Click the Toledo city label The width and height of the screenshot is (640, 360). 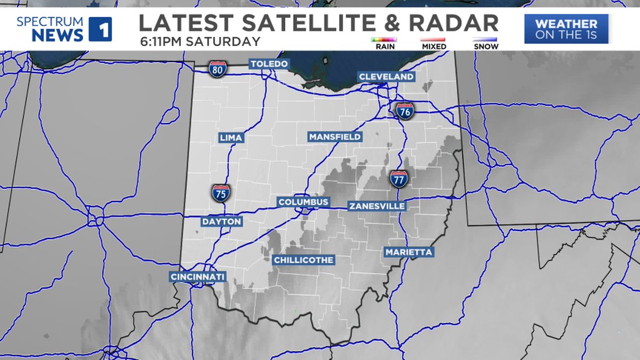(269, 64)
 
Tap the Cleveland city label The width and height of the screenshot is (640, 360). (386, 77)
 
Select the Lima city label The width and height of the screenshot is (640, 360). (231, 138)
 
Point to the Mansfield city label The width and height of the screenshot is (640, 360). (335, 137)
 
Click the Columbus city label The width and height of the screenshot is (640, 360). (303, 202)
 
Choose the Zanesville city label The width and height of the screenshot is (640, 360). (377, 206)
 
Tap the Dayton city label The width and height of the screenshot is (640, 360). (221, 221)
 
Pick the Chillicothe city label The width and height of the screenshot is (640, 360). (303, 260)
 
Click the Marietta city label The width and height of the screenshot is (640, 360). (409, 252)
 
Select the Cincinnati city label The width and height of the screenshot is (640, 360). (198, 277)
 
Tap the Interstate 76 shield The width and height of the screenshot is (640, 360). (405, 111)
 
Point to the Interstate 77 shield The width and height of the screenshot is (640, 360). (398, 179)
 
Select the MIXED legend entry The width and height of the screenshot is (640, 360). (434, 43)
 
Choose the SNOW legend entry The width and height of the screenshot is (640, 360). (485, 43)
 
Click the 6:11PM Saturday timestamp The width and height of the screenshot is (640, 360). (200, 41)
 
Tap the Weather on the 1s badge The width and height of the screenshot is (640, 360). (566, 29)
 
